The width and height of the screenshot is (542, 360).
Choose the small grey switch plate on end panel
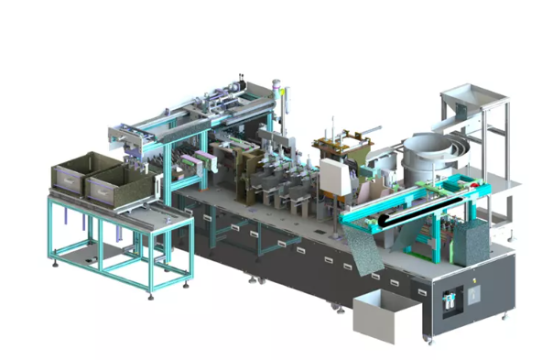473,296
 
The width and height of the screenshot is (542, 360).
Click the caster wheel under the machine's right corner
502,316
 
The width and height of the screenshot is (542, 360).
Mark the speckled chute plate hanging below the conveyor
363,248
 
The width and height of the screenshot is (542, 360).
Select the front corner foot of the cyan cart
151,291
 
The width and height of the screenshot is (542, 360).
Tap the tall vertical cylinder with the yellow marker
286,110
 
